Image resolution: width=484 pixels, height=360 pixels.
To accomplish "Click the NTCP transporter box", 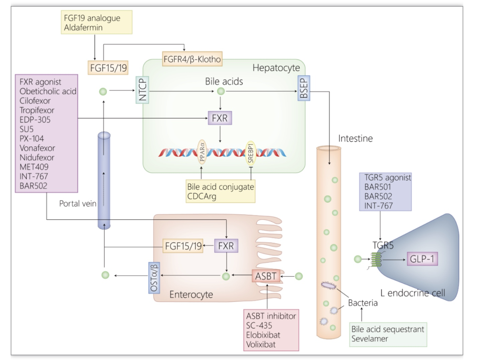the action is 142,90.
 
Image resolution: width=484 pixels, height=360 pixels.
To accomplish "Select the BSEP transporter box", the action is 304,88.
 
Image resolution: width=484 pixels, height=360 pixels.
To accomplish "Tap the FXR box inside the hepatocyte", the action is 220,118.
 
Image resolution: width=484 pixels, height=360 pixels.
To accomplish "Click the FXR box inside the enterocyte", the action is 226,246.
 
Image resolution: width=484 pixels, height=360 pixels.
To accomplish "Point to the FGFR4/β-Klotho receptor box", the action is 192,59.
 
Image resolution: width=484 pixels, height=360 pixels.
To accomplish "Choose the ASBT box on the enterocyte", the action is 266,276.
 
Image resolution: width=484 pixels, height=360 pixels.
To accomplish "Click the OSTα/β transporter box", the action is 154,278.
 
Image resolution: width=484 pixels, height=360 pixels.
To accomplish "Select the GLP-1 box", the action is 422,259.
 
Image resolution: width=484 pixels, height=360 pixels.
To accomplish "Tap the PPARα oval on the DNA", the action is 202,152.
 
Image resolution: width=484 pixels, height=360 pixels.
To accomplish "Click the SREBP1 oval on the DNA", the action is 251,153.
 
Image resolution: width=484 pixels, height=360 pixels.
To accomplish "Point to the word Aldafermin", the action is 83,27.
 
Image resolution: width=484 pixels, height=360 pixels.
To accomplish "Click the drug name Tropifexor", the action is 37,110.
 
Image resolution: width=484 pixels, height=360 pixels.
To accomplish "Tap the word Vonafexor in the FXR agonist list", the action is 37,148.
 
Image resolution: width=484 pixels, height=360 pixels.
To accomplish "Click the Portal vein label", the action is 78,204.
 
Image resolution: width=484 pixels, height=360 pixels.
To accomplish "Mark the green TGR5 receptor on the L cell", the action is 376,260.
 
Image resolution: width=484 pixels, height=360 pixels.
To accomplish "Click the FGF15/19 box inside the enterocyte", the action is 183,246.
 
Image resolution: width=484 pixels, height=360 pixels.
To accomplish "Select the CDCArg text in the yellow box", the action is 202,196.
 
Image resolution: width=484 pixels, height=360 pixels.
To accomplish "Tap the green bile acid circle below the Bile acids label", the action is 221,91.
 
